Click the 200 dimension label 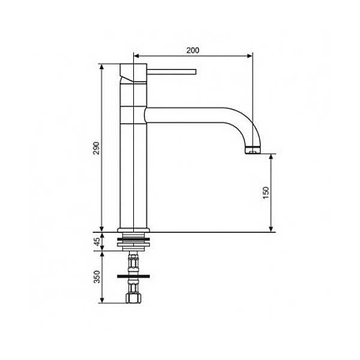[193, 50]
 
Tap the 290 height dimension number [97, 148]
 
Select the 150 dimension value [266, 193]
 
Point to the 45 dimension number [97, 242]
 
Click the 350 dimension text [97, 277]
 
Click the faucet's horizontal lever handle [172, 71]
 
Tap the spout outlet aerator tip [253, 150]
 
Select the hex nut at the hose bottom [133, 298]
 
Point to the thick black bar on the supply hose [133, 276]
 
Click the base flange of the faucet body [133, 230]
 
